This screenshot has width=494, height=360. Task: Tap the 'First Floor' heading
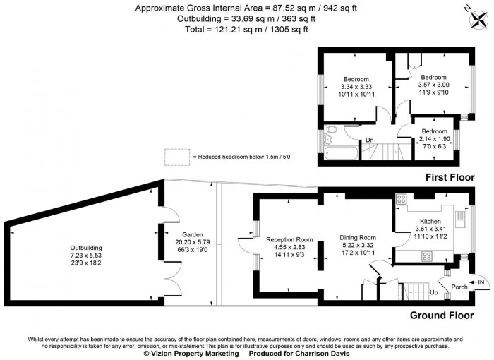point(450,177)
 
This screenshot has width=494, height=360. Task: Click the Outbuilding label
point(85,248)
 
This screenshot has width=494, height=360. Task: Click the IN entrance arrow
point(478,282)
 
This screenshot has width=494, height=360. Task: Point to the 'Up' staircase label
point(434,292)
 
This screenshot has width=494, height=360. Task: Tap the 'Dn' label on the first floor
point(369,140)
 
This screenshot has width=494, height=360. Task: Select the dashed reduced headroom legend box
point(176,156)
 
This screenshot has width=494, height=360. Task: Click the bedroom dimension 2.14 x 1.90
point(434,138)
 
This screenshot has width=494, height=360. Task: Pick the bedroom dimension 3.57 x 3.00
point(433,85)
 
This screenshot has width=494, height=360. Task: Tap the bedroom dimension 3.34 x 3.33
point(356,87)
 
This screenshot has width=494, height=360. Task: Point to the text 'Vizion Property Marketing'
point(190,354)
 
